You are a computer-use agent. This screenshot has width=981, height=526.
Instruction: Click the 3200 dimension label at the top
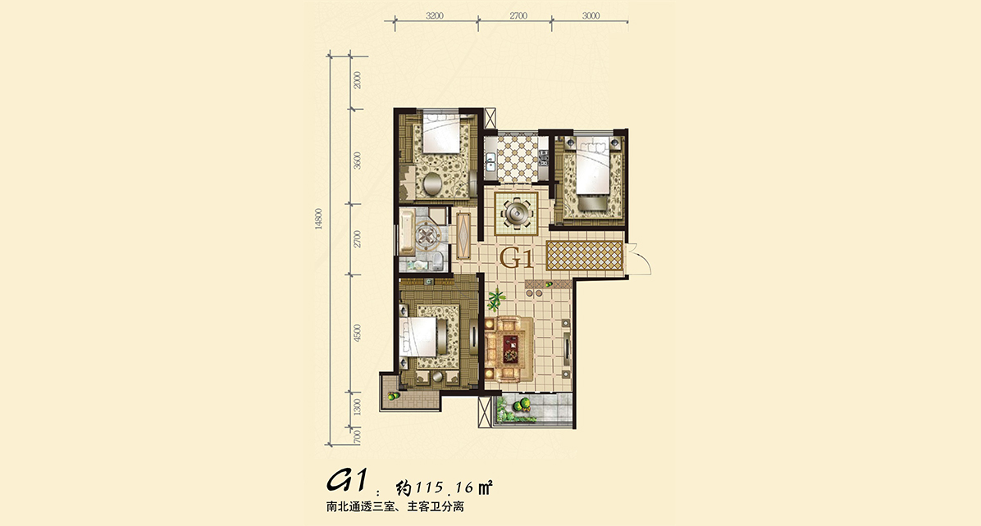(x=434, y=16)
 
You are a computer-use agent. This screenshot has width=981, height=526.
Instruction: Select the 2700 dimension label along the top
(x=518, y=16)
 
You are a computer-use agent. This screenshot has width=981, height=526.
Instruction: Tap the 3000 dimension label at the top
(x=591, y=16)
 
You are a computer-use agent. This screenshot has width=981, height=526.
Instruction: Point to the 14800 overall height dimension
(x=319, y=220)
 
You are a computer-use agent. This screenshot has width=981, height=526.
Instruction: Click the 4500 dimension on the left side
(x=358, y=333)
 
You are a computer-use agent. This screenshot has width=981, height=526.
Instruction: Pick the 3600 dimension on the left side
(x=358, y=161)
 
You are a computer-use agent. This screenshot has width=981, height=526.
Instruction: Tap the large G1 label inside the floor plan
(x=516, y=258)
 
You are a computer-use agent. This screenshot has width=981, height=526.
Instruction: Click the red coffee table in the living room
(x=510, y=348)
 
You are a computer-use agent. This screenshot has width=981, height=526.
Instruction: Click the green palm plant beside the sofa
(x=496, y=300)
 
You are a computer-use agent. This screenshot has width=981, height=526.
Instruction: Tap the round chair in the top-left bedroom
(x=431, y=184)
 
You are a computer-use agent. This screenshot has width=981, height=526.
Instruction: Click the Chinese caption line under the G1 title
(x=395, y=507)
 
